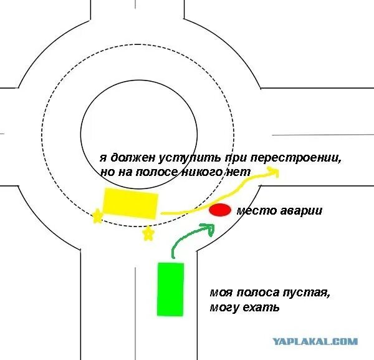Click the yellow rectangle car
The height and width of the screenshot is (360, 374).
[130, 203]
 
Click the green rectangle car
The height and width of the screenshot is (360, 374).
[171, 289]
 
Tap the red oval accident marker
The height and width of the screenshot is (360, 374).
[219, 210]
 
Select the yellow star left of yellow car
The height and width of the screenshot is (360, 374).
[97, 216]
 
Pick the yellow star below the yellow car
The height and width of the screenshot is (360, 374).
[148, 234]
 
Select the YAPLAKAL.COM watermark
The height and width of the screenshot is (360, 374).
[315, 341]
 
